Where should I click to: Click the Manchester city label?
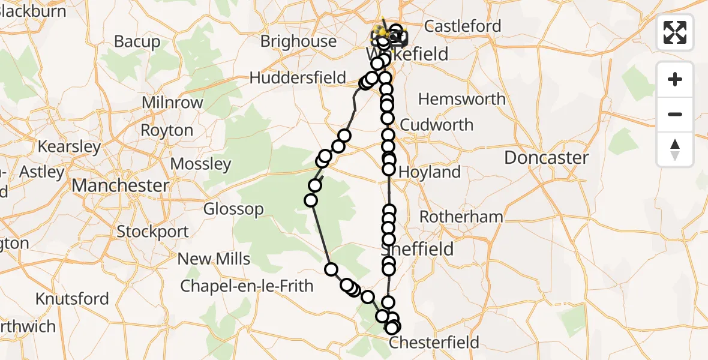click(121, 185)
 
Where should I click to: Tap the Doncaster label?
click(546, 158)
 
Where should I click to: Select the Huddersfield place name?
click(298, 78)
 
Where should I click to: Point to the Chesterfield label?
click(434, 343)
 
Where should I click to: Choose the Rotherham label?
click(461, 217)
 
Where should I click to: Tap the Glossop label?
click(233, 209)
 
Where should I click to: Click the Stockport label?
click(152, 232)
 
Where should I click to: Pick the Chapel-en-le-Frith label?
click(247, 286)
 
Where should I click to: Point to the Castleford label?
click(462, 26)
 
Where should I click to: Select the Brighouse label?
click(298, 41)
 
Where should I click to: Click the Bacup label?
click(137, 42)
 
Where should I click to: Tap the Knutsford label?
click(72, 299)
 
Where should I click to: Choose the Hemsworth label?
click(462, 99)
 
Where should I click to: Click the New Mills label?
click(214, 259)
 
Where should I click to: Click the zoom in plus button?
click(675, 79)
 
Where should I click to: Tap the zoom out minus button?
click(675, 114)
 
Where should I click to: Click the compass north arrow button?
click(675, 149)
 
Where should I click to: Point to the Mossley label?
click(200, 164)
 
